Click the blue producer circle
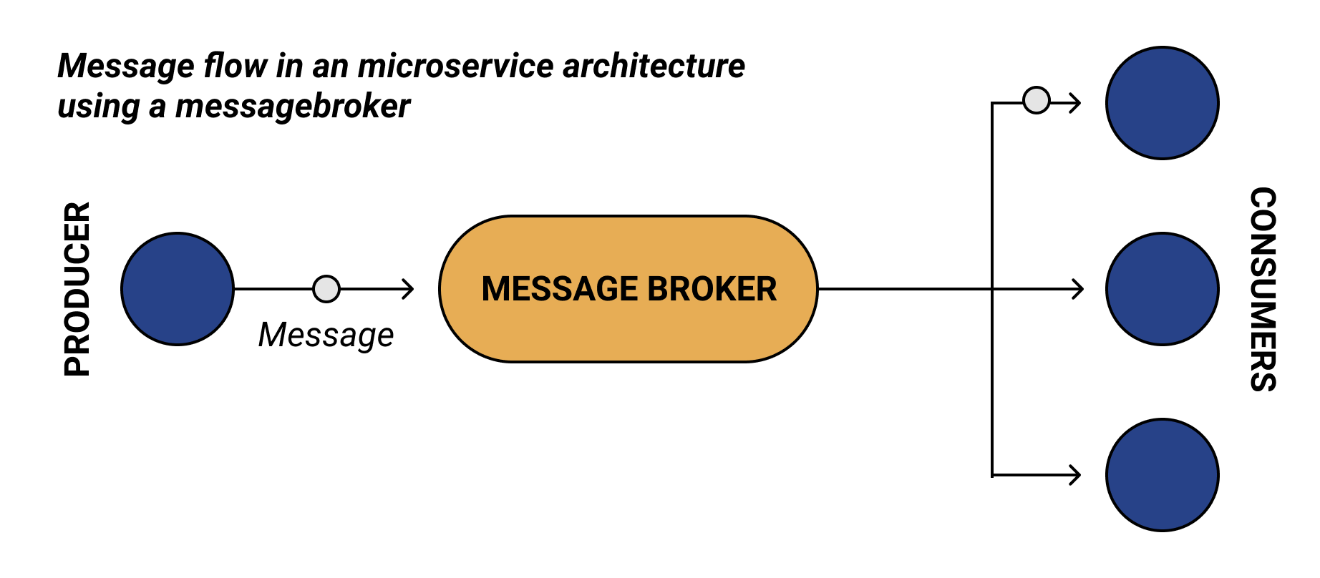[178, 289]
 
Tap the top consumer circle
[1162, 103]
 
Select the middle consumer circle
[1162, 289]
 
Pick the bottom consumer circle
[1162, 475]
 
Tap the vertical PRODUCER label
[77, 289]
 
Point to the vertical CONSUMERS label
[1263, 289]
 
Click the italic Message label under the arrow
[326, 335]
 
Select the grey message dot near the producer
[326, 289]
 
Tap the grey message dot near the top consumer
[1036, 100]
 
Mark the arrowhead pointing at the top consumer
[1076, 103]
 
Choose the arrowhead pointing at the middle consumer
[1079, 289]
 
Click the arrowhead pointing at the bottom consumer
[1076, 475]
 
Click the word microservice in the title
[455, 66]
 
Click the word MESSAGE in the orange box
[559, 290]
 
